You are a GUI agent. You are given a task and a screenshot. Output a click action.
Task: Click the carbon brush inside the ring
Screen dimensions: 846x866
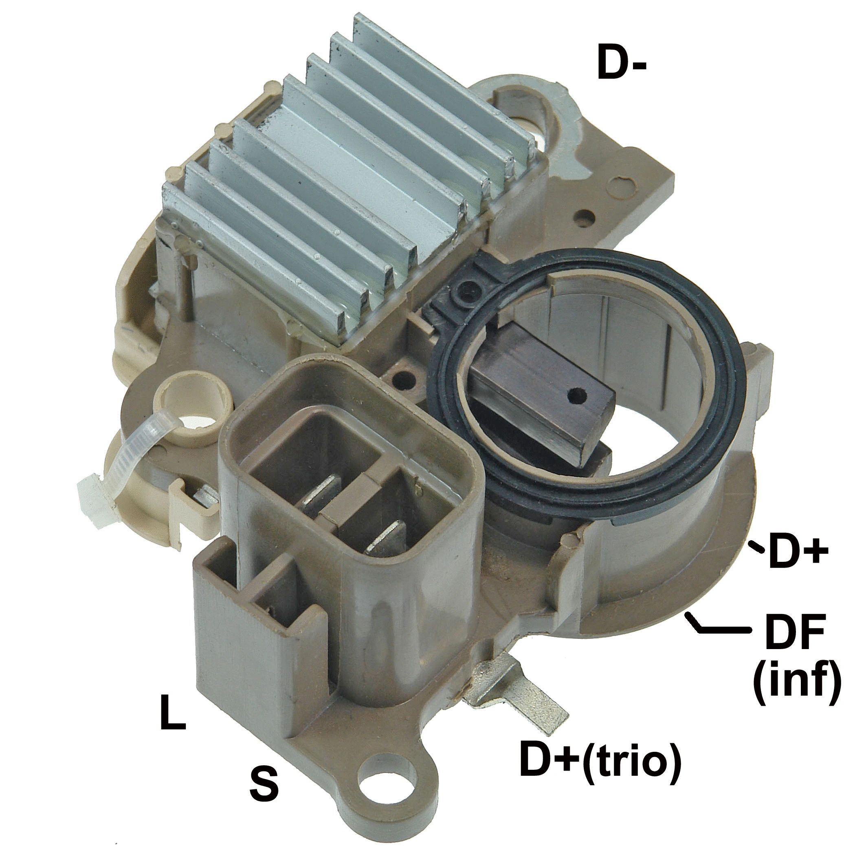tap(541, 391)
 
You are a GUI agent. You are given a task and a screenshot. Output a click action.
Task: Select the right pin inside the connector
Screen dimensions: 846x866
tap(386, 538)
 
